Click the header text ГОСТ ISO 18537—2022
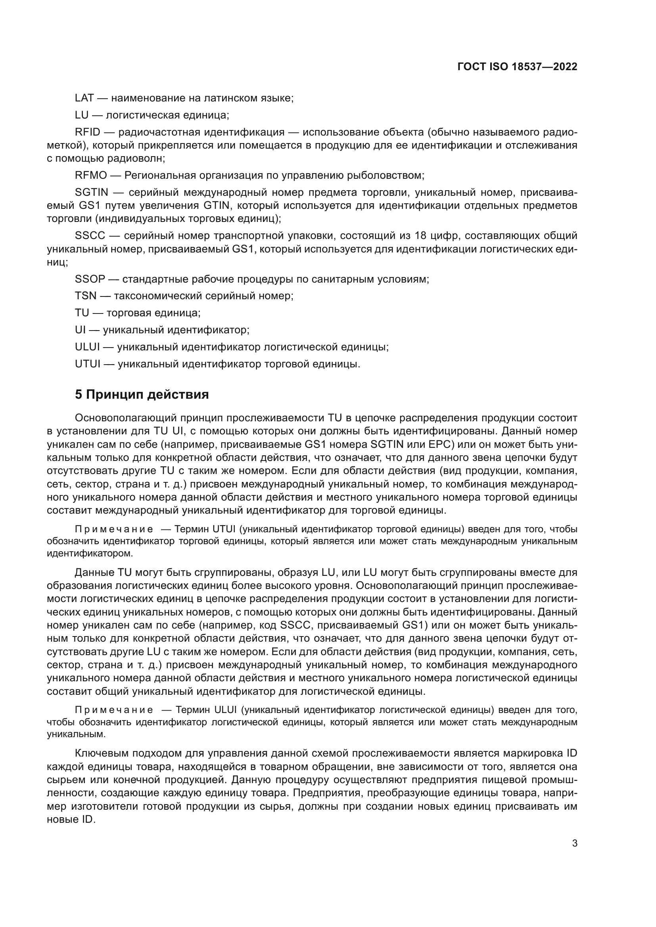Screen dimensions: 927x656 [x=517, y=67]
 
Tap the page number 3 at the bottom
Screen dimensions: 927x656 [x=575, y=843]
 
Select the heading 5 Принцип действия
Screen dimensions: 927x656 [x=142, y=394]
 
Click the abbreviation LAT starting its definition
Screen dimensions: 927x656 [x=84, y=98]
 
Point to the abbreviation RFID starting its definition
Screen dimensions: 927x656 [x=87, y=132]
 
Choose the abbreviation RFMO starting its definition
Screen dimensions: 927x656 [x=91, y=176]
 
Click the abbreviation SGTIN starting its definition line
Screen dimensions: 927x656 [x=91, y=193]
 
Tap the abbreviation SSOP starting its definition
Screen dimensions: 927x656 [x=90, y=279]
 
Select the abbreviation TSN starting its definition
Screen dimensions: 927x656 [x=86, y=296]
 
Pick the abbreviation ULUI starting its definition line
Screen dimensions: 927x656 [x=87, y=347]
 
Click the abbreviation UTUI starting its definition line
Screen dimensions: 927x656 [x=88, y=364]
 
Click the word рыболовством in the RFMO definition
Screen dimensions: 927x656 [x=389, y=176]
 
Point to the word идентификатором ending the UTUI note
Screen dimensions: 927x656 [x=90, y=554]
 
